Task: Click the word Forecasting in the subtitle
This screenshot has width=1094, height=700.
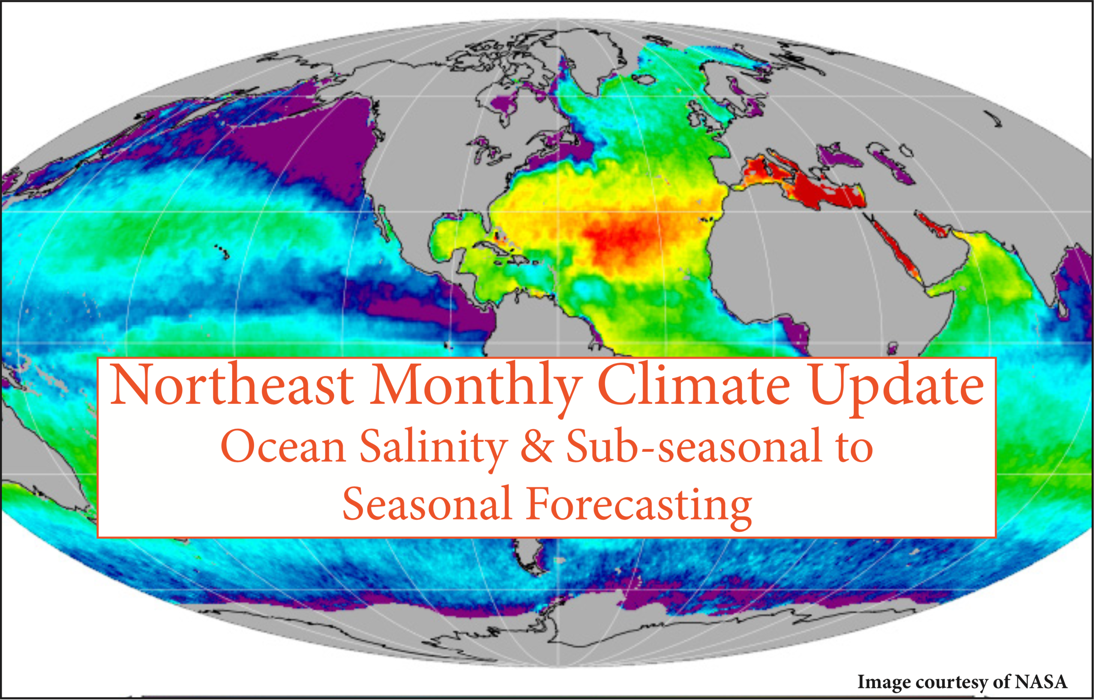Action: [639, 505]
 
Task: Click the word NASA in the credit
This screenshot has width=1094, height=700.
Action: [1041, 682]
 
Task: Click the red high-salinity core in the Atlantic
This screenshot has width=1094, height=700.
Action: [623, 241]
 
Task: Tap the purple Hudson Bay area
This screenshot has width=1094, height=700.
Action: [505, 107]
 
